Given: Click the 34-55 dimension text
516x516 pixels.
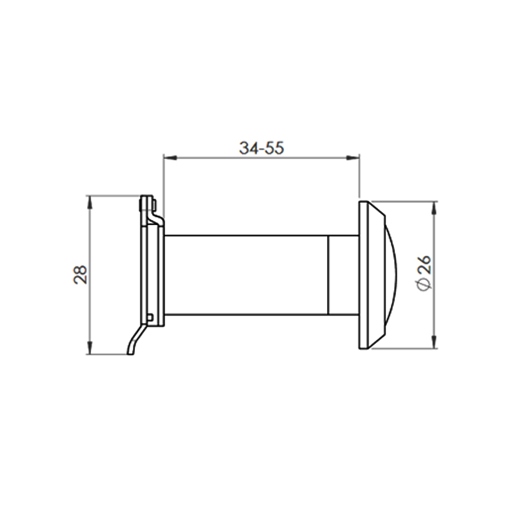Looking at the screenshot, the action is point(261,148).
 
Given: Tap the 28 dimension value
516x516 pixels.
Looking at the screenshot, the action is point(80,275).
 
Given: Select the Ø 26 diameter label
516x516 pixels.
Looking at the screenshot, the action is point(424,273).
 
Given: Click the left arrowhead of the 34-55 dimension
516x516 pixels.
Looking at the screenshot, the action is point(170,158).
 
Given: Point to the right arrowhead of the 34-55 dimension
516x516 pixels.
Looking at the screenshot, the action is point(352,158).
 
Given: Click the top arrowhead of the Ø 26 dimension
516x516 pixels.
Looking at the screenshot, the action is point(434,208).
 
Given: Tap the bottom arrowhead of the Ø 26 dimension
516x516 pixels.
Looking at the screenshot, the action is point(434,342).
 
